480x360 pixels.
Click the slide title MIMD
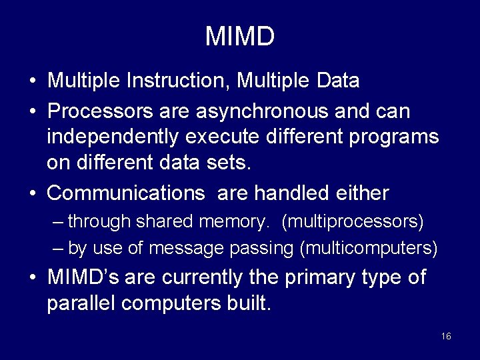239,37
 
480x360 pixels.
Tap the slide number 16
446,336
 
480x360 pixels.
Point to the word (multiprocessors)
353,221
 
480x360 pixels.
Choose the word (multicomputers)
369,249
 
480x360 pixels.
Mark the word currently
214,277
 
